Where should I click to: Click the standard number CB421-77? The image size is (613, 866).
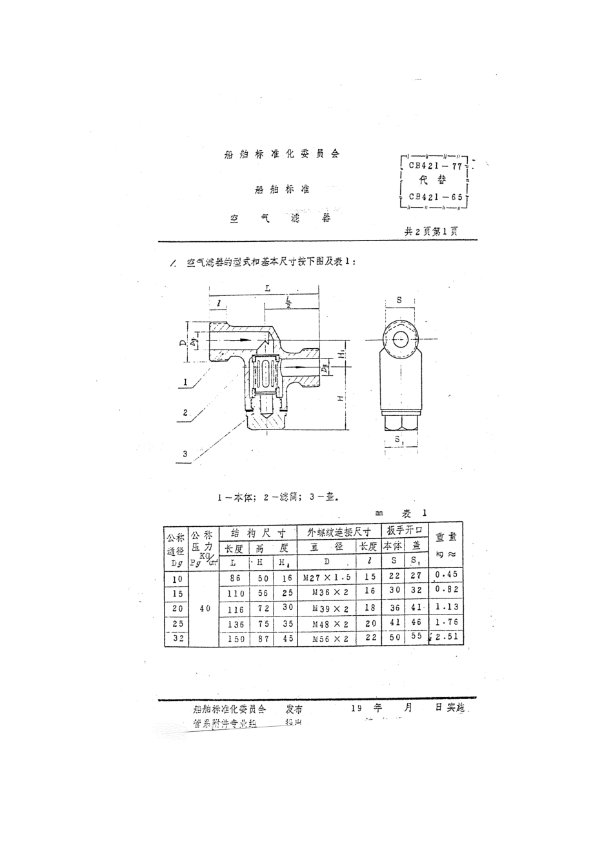tap(435, 166)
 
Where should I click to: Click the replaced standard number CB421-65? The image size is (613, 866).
tap(435, 197)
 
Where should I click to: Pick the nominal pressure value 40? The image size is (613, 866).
tap(205, 607)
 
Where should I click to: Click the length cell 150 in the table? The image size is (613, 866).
tap(237, 638)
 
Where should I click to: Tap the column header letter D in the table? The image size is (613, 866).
tap(327, 561)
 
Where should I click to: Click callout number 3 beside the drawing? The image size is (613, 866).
tap(185, 454)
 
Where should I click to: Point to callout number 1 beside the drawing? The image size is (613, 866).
tap(185, 382)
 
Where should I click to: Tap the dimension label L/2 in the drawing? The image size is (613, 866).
tap(288, 302)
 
